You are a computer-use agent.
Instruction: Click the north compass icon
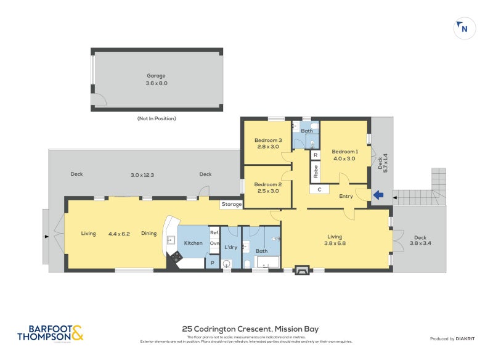(463, 28)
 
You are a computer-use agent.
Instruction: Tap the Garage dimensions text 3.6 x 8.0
(156, 83)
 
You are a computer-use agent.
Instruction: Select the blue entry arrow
(378, 195)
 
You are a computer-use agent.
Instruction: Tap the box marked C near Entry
(319, 189)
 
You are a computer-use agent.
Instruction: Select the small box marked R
(315, 155)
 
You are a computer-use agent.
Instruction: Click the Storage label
(232, 204)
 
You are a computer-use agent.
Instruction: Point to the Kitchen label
(193, 243)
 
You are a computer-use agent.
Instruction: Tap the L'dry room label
(230, 247)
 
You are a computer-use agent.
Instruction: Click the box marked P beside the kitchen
(212, 263)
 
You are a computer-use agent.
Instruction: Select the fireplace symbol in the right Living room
(302, 269)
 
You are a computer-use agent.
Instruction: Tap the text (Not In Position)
(157, 118)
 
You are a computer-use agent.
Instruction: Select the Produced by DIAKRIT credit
(453, 339)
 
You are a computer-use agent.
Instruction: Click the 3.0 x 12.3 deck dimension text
(142, 174)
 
